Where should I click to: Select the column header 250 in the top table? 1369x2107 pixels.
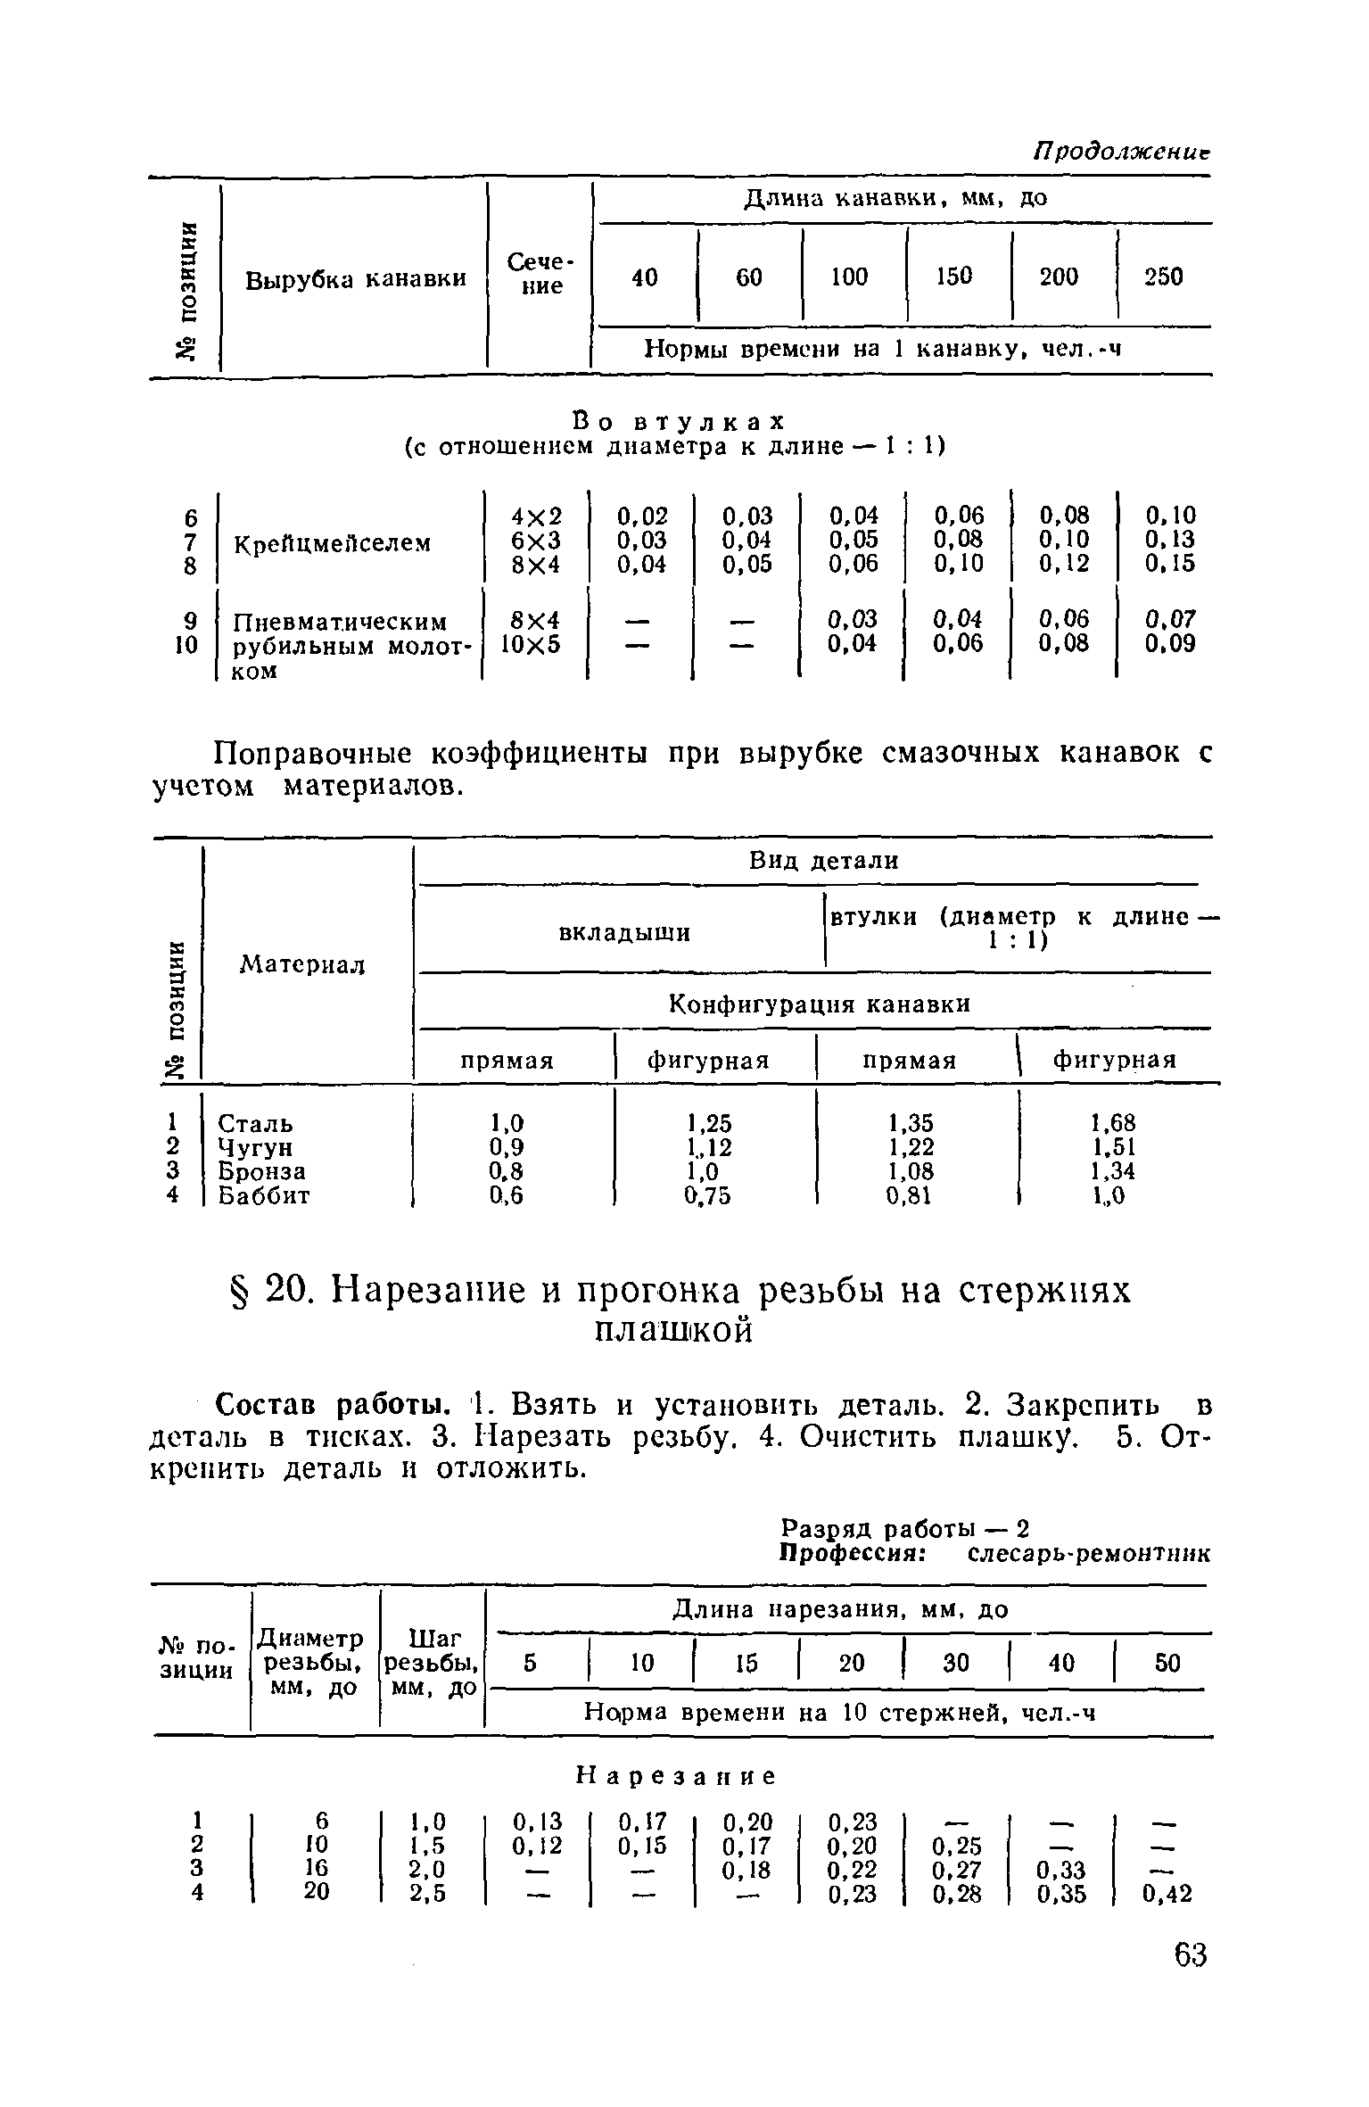1164,277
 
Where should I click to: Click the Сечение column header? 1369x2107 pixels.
540,274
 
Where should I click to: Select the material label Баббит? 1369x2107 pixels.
264,1195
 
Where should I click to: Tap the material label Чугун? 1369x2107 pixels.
255,1147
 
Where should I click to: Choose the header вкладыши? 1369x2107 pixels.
623,933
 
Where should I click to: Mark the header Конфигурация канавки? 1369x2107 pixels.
819,1004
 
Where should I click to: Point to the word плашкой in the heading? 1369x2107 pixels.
673,1331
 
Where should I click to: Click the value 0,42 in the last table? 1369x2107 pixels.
1167,1893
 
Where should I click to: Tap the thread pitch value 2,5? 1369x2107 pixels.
430,1891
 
